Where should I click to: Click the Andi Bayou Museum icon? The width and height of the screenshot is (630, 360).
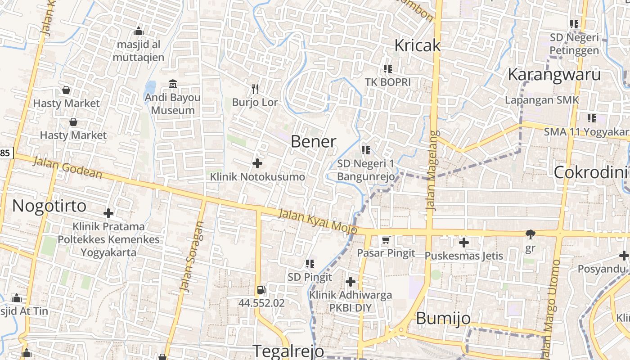pyautogui.click(x=173, y=84)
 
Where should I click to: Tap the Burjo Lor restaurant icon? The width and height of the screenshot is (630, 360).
pyautogui.click(x=255, y=89)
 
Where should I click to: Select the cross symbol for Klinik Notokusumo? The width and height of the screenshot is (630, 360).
pyautogui.click(x=257, y=163)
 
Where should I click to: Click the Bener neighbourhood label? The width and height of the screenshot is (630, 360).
pyautogui.click(x=313, y=142)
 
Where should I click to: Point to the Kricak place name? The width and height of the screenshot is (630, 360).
pyautogui.click(x=417, y=45)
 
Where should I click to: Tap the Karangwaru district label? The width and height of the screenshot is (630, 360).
pyautogui.click(x=554, y=75)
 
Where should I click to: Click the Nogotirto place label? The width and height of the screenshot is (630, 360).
pyautogui.click(x=49, y=206)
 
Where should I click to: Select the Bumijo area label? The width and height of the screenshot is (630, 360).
pyautogui.click(x=443, y=318)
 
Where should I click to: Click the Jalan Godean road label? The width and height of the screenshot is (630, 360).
pyautogui.click(x=67, y=168)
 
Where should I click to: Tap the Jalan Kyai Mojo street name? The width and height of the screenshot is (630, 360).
pyautogui.click(x=317, y=221)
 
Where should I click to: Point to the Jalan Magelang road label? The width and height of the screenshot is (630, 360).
pyautogui.click(x=432, y=171)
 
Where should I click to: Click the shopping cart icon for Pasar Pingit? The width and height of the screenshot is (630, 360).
pyautogui.click(x=386, y=240)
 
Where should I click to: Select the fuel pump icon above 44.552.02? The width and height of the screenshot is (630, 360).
pyautogui.click(x=261, y=290)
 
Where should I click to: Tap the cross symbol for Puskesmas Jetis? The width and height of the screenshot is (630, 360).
pyautogui.click(x=464, y=243)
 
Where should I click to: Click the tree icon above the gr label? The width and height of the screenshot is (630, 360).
pyautogui.click(x=531, y=234)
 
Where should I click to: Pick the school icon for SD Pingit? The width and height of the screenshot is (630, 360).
pyautogui.click(x=310, y=264)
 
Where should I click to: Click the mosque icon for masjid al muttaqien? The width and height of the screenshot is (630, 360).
pyautogui.click(x=139, y=31)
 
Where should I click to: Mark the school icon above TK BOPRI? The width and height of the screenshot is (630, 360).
pyautogui.click(x=387, y=69)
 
